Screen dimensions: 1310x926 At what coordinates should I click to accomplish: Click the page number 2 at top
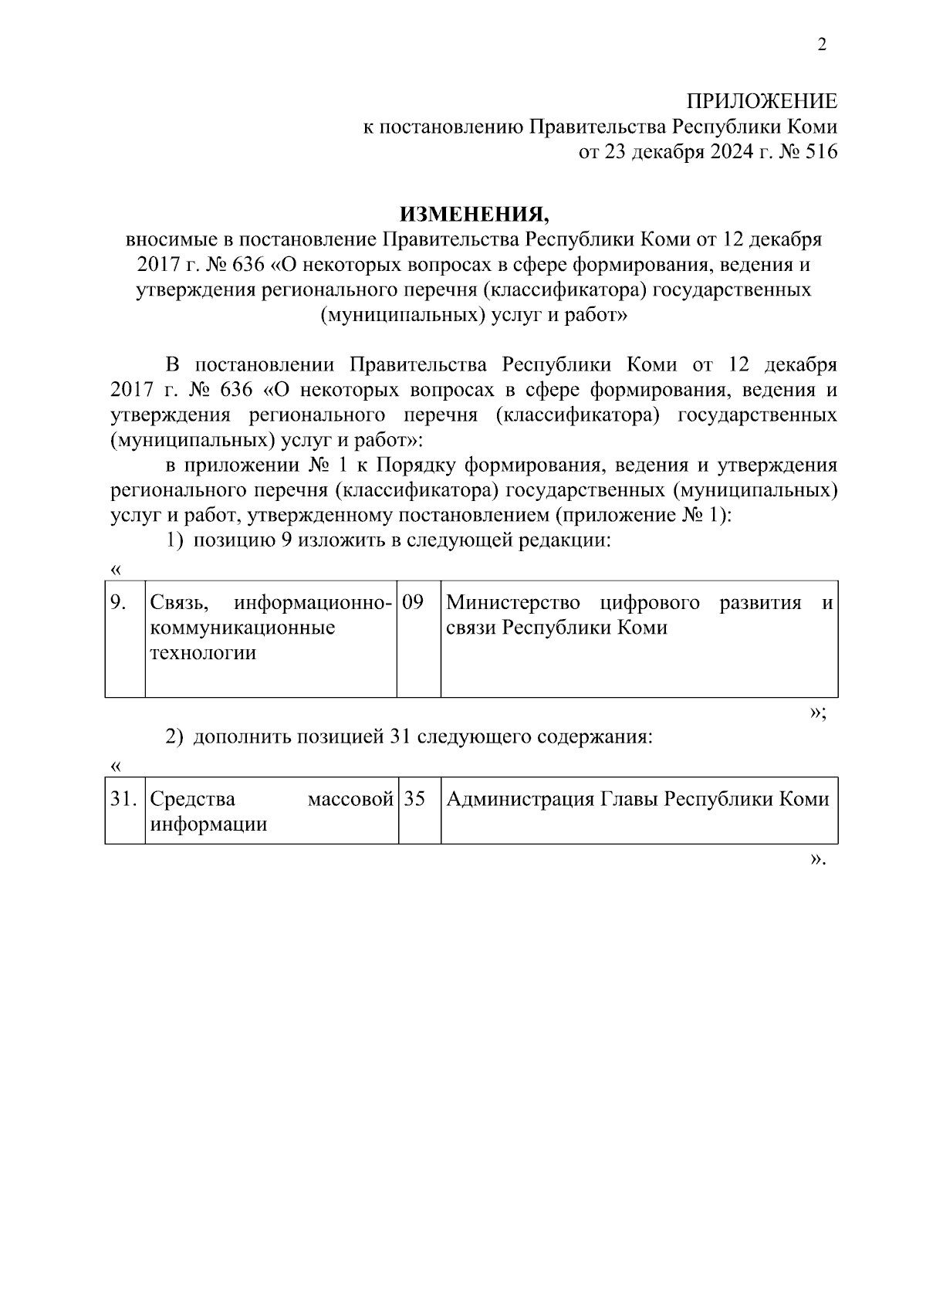pos(822,45)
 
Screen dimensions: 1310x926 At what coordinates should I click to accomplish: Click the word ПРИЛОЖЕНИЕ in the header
pos(762,101)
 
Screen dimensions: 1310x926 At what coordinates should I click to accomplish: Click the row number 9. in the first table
pos(118,603)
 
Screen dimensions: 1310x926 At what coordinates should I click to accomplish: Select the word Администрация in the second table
pos(522,799)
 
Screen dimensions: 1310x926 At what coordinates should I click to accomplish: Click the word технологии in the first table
pos(203,653)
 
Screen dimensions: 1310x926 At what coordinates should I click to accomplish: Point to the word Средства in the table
pos(193,799)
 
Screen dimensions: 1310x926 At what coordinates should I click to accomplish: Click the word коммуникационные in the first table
pos(243,628)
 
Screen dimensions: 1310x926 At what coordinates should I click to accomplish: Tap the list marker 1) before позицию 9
pos(175,540)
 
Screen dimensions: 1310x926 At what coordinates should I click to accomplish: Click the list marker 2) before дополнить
pos(175,736)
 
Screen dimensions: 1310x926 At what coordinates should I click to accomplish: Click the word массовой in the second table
pos(350,799)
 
